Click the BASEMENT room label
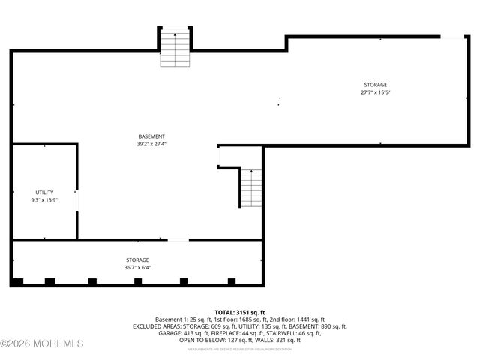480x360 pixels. (x=151, y=136)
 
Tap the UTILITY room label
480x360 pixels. (x=44, y=193)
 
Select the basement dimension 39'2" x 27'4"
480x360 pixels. (x=151, y=144)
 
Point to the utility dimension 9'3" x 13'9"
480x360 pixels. (x=44, y=201)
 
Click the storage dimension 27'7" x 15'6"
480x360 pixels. (x=376, y=92)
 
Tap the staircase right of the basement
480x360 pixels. (x=252, y=189)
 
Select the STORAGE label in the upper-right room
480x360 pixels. (x=376, y=85)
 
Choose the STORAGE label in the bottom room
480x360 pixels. (x=137, y=259)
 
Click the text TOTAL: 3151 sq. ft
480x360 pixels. (x=240, y=312)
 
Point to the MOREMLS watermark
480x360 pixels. (x=42, y=343)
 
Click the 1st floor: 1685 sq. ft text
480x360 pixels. (x=236, y=319)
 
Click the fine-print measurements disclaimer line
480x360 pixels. (x=240, y=349)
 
